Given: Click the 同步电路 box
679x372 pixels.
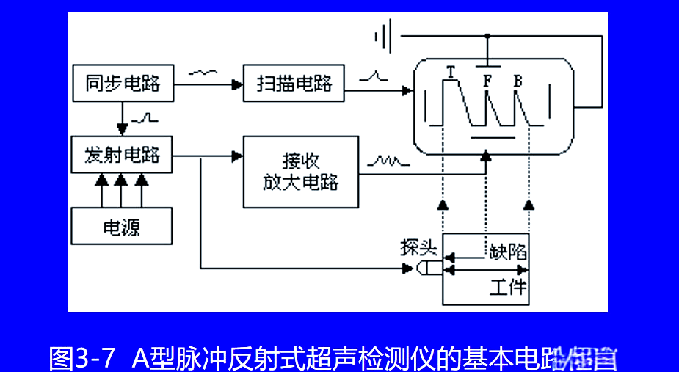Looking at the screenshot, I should [123, 83].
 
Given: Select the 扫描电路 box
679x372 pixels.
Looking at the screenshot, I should [294, 83].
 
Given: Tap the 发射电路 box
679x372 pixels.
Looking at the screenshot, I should [123, 155].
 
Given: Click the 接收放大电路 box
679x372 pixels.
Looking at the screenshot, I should [301, 172].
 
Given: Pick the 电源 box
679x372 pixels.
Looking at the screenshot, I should [122, 226].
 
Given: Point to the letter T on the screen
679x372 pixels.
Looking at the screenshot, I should [451, 71].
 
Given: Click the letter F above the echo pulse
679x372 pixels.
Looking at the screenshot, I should [487, 80].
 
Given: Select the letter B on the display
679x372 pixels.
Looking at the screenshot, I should [518, 80].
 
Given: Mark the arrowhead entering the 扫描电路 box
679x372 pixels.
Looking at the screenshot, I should [237, 85].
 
